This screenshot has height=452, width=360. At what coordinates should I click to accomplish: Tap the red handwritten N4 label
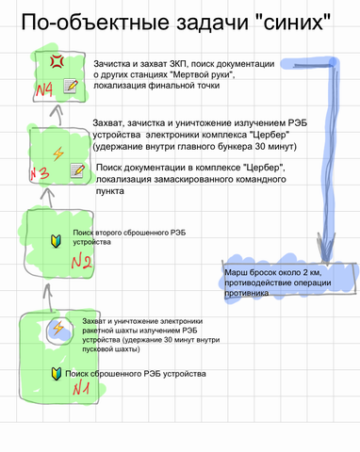click(43, 90)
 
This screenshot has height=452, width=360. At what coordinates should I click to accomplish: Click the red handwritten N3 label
click(41, 173)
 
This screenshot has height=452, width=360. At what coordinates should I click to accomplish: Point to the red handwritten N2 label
click(80, 261)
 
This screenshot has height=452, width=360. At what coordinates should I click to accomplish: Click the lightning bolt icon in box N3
click(57, 151)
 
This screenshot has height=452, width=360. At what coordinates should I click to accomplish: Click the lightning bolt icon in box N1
click(57, 329)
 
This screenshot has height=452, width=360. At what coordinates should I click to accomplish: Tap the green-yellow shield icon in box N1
click(57, 375)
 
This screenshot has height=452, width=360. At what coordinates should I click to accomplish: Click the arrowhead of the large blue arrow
click(322, 254)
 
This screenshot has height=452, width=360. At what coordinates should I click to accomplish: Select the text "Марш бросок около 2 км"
click(267, 273)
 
